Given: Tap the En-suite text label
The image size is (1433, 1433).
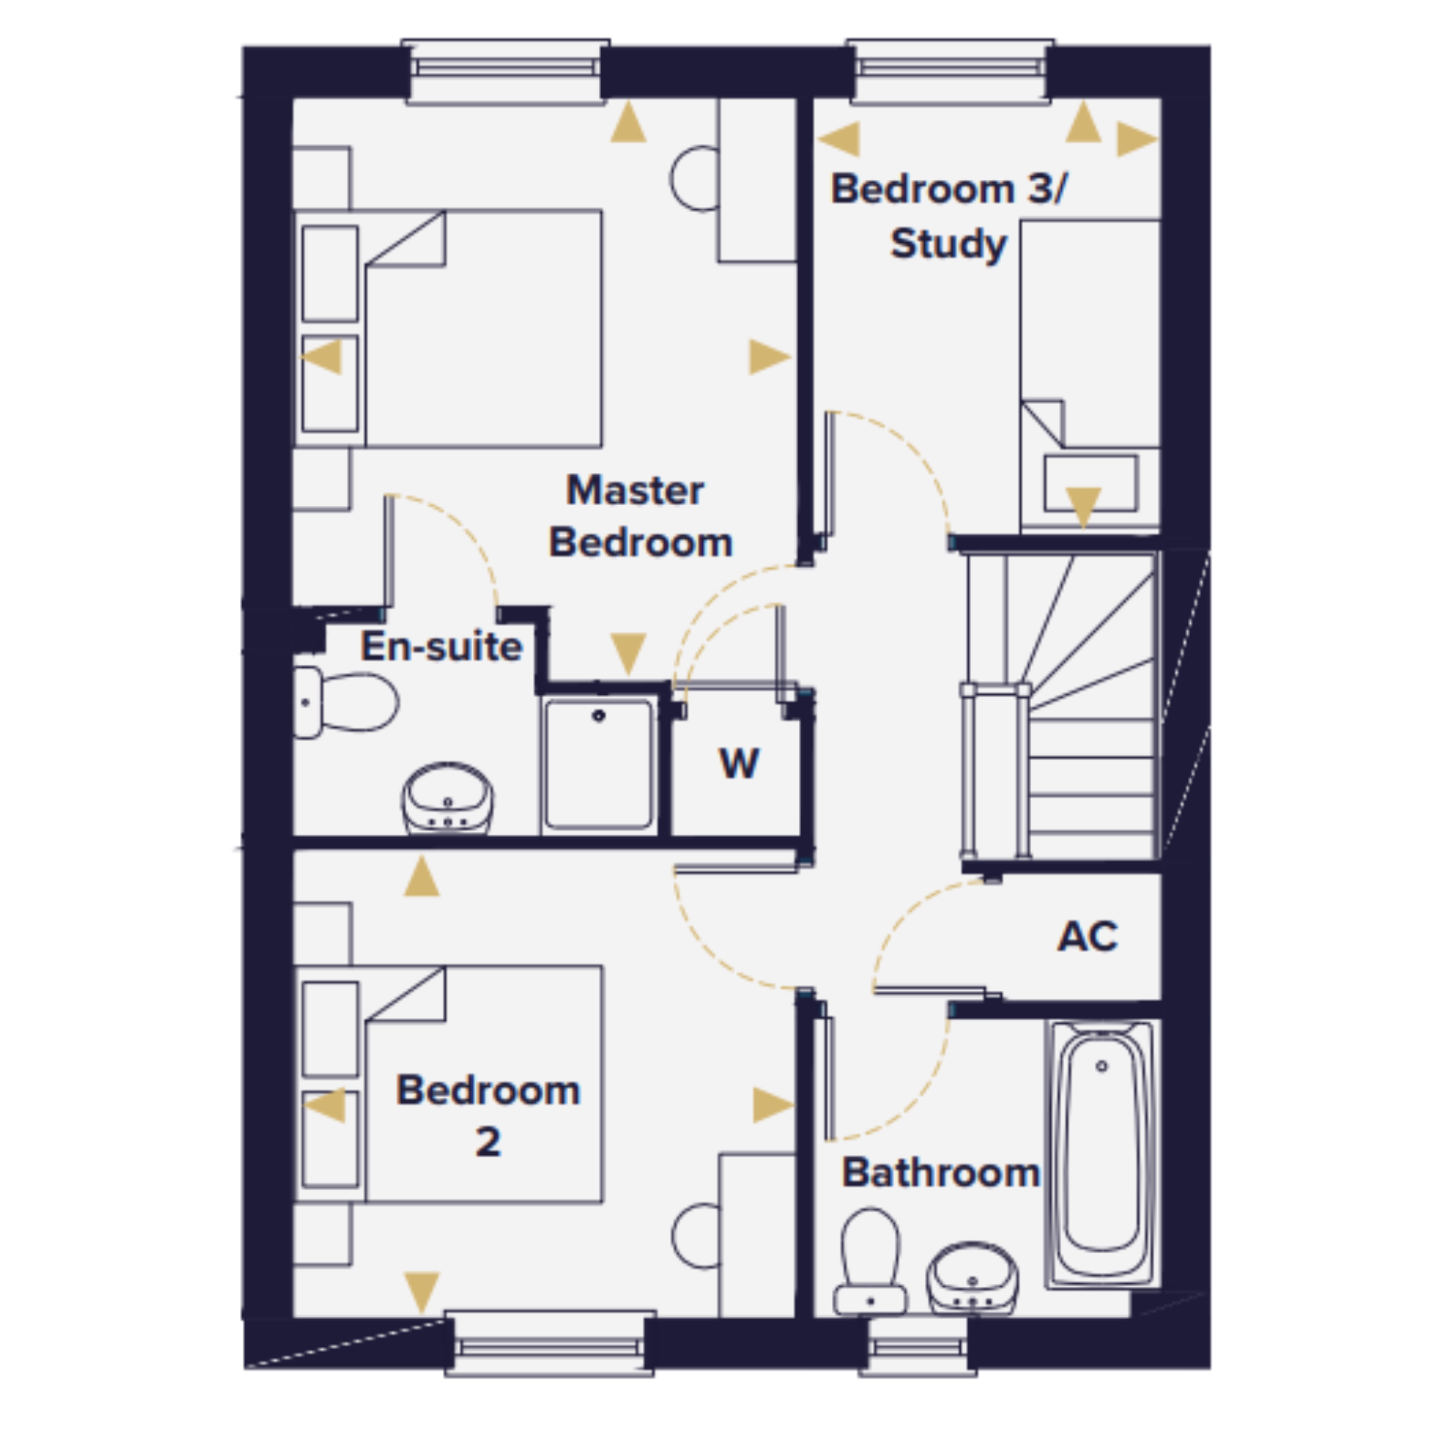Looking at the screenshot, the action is [x=442, y=646].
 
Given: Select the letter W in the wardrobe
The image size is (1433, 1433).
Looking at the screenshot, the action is [x=739, y=763].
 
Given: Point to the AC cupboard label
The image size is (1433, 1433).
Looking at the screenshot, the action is [x=1088, y=936].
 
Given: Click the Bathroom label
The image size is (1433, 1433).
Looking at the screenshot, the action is [x=941, y=1173].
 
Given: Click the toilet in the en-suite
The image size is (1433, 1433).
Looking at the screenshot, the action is [x=345, y=702].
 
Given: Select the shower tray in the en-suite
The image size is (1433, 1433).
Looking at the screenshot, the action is [x=598, y=765].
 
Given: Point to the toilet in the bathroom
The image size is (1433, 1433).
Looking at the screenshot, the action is [x=870, y=1262].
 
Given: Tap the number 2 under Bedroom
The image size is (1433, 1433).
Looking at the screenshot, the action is [x=488, y=1141].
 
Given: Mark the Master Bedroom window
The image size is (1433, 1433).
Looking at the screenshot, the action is [x=506, y=71].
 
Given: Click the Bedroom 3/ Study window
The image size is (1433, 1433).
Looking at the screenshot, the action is [x=950, y=71].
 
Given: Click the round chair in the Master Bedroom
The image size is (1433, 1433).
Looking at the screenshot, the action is [x=694, y=178].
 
